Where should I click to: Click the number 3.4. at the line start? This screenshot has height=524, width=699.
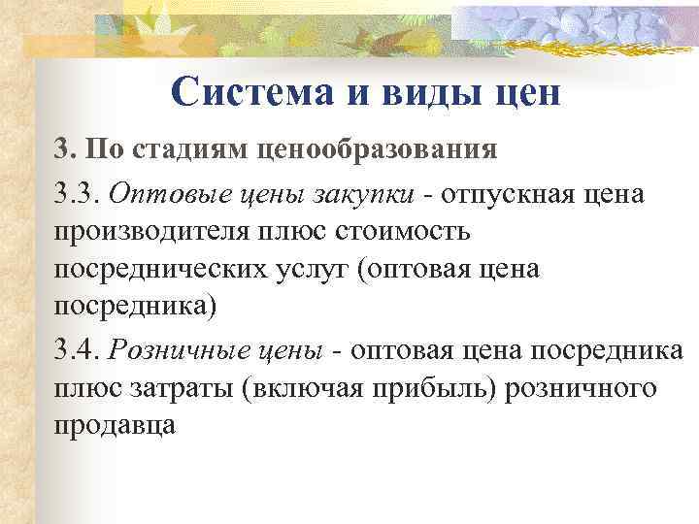point(77,348)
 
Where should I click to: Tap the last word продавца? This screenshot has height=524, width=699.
point(114,426)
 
